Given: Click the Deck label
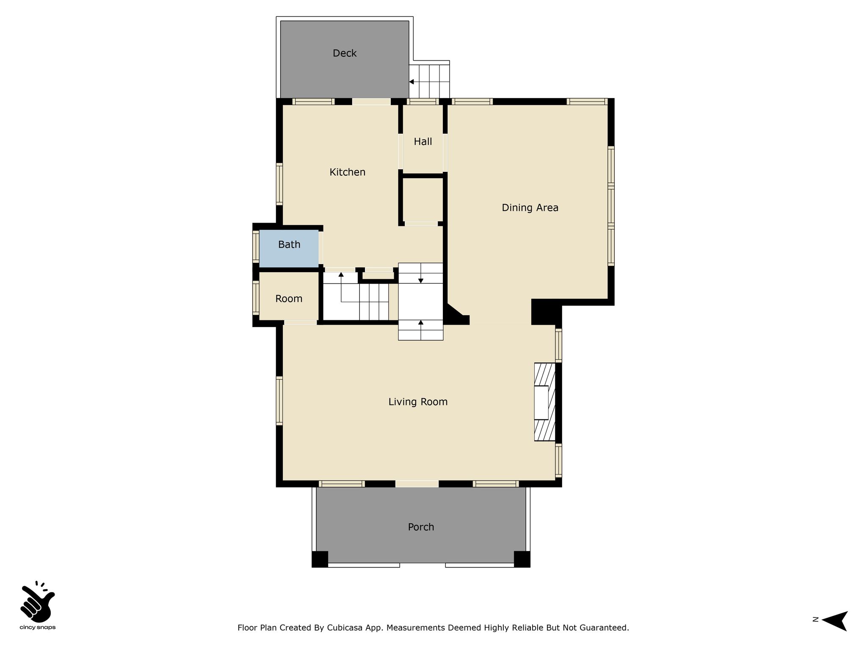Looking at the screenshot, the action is [x=345, y=53].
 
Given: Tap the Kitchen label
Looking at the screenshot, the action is [x=348, y=172].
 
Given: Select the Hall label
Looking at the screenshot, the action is [x=423, y=142].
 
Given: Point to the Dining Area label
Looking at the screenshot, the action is [x=530, y=208].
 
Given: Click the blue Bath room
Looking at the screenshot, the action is [x=289, y=248].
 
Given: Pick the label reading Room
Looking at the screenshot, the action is [x=289, y=299].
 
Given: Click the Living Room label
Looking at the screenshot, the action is [x=418, y=402].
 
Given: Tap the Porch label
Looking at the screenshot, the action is [x=421, y=527].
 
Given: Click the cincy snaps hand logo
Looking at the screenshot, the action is [x=38, y=601].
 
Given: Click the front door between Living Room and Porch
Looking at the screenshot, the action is [x=417, y=484].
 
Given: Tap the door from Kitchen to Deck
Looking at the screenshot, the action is [x=372, y=102].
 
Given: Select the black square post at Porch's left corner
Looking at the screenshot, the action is [x=320, y=559].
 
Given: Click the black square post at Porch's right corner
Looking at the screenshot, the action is [x=522, y=559].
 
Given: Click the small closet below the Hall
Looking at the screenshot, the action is [x=422, y=200].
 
